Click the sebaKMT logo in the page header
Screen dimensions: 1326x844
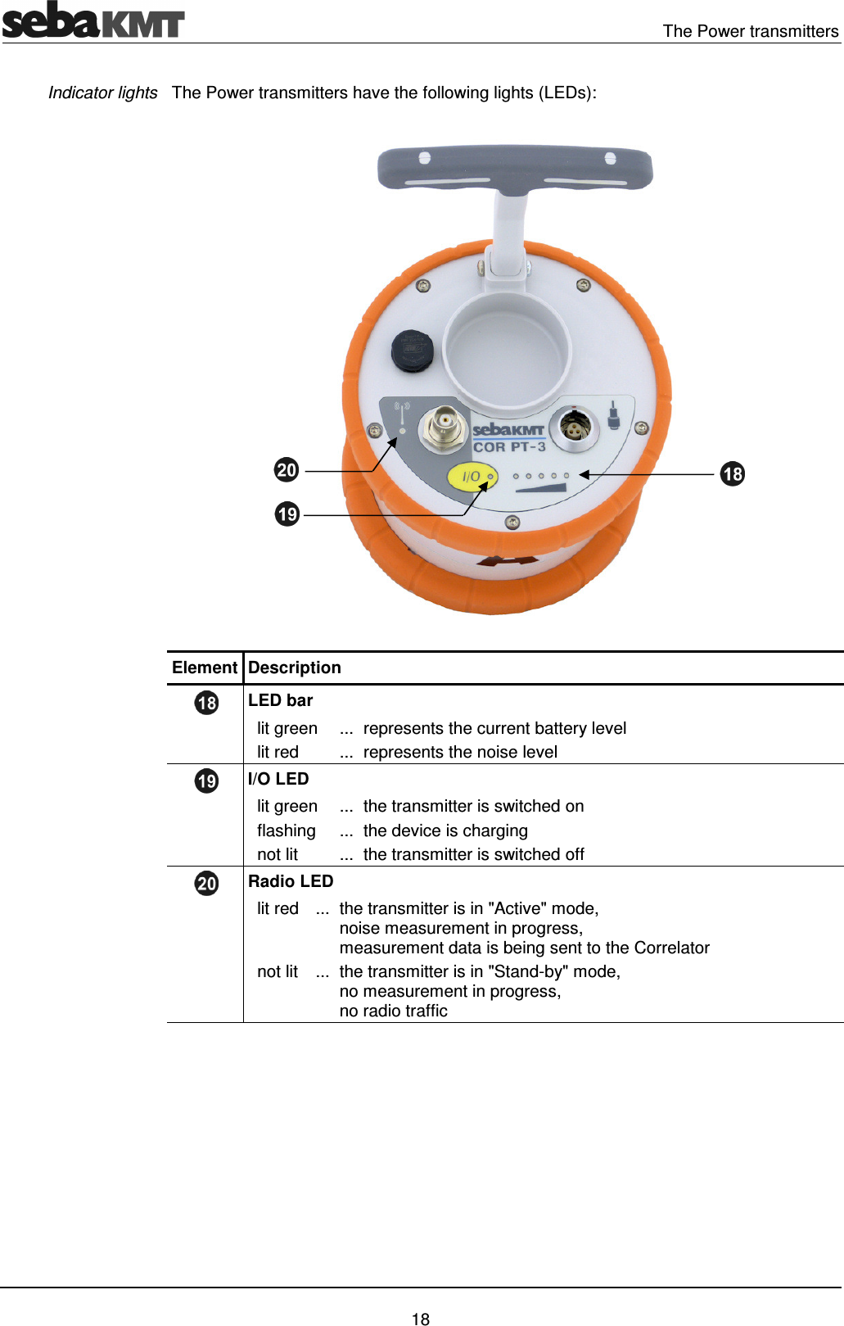point(93,20)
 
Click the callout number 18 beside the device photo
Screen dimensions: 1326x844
point(732,473)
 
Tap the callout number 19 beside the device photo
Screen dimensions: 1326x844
point(287,514)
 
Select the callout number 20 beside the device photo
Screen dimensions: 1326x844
point(286,470)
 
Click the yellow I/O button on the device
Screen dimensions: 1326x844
point(472,477)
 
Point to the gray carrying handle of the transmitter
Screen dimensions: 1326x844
point(514,168)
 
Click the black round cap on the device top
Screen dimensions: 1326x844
point(412,351)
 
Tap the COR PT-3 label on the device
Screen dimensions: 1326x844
point(508,447)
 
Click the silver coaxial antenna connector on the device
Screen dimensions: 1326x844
point(443,427)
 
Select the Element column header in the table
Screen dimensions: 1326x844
point(204,668)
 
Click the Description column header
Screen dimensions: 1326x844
point(294,668)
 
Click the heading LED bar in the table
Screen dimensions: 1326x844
point(280,700)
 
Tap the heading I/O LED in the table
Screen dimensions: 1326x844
point(278,779)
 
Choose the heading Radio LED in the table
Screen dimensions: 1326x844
point(291,881)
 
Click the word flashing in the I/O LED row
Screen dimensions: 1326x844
point(286,830)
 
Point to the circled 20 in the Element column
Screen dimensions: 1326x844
point(206,883)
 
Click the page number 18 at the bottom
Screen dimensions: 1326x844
point(421,1319)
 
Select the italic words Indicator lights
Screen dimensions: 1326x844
point(102,93)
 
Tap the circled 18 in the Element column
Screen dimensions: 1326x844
point(206,703)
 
